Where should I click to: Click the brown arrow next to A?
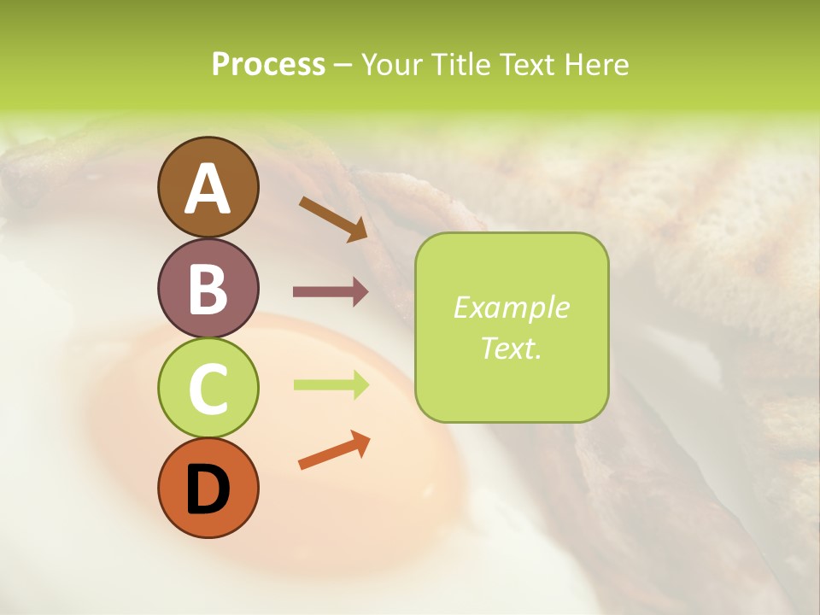333,219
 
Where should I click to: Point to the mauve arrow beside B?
331,292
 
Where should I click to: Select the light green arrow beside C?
331,385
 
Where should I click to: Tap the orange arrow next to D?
334,450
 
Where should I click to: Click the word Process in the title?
268,65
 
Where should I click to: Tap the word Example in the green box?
511,308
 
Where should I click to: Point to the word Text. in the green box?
511,348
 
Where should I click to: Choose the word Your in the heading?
391,65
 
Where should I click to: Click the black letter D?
208,490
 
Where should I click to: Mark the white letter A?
208,190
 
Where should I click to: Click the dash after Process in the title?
343,66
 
